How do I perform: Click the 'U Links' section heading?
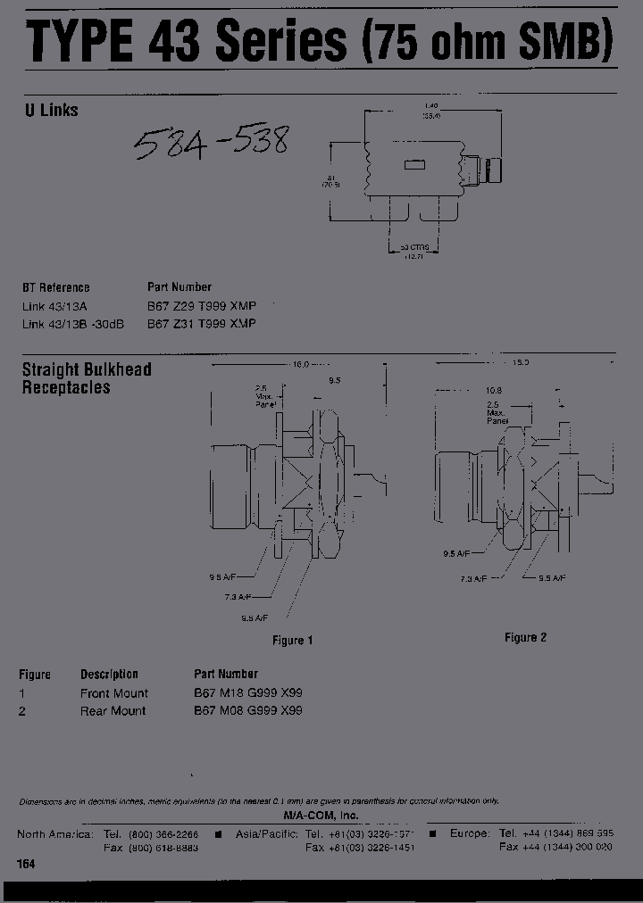(x=50, y=111)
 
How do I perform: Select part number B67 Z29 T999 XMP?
(x=201, y=305)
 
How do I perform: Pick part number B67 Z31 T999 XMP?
(x=201, y=323)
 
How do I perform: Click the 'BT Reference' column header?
(x=55, y=287)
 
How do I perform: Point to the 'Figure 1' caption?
(x=293, y=640)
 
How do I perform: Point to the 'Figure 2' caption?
(x=526, y=637)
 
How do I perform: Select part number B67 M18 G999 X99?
(x=248, y=692)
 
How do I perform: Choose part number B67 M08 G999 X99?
(x=248, y=710)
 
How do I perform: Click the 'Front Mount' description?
(x=114, y=692)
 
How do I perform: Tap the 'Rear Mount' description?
(x=113, y=710)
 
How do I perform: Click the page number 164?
(x=27, y=865)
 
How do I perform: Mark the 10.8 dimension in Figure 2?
(x=493, y=391)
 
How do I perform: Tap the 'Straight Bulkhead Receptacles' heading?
(x=86, y=378)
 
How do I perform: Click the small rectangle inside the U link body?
(x=414, y=164)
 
